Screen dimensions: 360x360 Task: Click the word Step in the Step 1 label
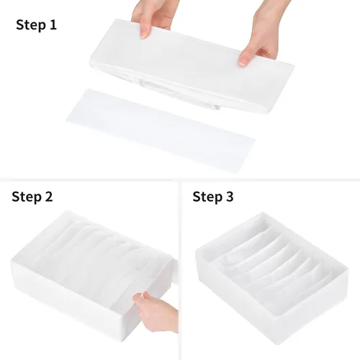pyautogui.click(x=31, y=25)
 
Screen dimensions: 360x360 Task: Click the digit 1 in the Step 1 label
pyautogui.click(x=53, y=24)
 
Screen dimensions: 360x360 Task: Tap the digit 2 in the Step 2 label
pyautogui.click(x=48, y=197)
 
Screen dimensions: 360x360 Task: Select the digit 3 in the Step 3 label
pyautogui.click(x=230, y=197)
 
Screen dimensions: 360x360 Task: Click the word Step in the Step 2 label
pyautogui.click(x=27, y=197)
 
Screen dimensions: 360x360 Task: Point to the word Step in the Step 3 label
pyautogui.click(x=207, y=197)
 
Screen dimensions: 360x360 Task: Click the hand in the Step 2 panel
pyautogui.click(x=156, y=311)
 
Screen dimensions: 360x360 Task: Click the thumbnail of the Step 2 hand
pyautogui.click(x=138, y=297)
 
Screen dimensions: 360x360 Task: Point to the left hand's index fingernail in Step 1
pyautogui.click(x=144, y=35)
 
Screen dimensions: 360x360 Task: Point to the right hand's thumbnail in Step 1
pyautogui.click(x=243, y=61)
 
